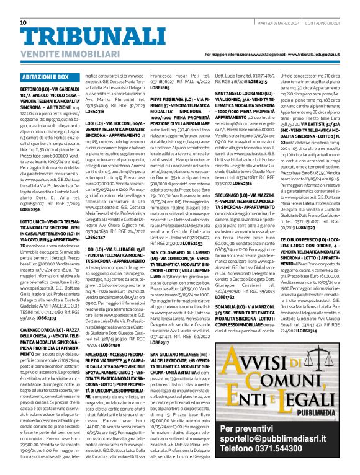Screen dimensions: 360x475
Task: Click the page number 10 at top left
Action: click(x=24, y=23)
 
